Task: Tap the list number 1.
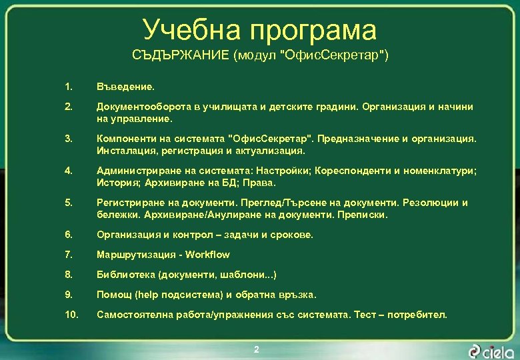click(68, 87)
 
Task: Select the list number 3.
click(69, 139)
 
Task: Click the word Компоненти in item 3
click(125, 139)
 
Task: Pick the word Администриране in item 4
click(135, 171)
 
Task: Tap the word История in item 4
click(117, 182)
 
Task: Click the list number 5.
click(69, 203)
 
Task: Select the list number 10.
click(71, 314)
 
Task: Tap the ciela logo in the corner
click(491, 350)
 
